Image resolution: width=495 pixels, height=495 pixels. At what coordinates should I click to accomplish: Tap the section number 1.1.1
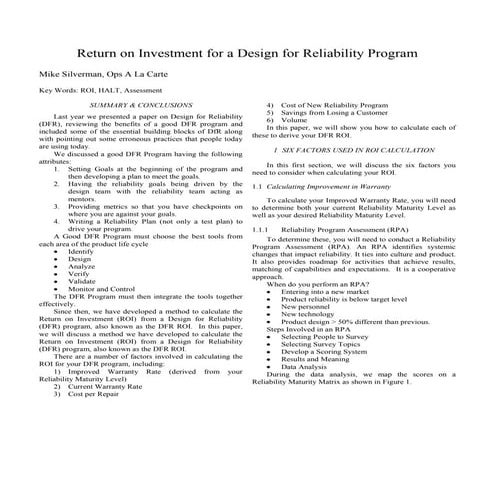click(x=263, y=228)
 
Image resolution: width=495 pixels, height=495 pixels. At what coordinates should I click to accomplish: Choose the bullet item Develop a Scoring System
click(x=332, y=351)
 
